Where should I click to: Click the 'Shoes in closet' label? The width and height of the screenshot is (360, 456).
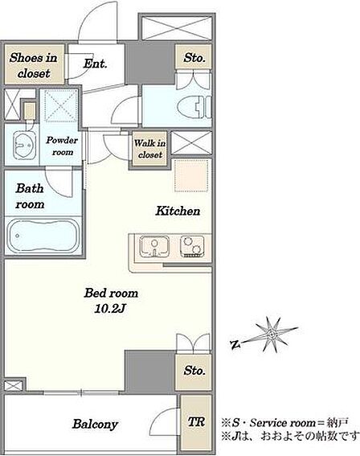tap(34, 65)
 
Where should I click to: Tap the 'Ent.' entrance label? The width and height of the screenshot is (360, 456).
tap(96, 64)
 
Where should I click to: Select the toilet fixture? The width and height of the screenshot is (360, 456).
tap(194, 107)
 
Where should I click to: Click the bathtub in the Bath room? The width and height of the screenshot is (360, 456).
tap(43, 236)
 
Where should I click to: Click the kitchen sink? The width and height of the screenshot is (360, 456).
tap(154, 247)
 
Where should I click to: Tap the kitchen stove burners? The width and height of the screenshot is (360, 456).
tap(192, 247)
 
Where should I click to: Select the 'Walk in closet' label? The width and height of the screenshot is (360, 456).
tap(150, 149)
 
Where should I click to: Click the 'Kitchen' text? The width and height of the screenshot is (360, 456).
tap(178, 211)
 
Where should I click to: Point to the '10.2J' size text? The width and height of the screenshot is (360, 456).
tap(110, 309)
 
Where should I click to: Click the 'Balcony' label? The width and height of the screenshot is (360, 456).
tap(95, 424)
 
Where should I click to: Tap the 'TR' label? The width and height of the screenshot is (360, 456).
tap(196, 422)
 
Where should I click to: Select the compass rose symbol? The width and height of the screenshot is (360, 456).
tap(272, 335)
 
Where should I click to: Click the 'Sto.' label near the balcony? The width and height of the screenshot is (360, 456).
tap(194, 371)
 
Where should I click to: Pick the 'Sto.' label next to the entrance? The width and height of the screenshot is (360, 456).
tap(194, 57)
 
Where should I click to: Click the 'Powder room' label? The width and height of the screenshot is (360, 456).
tap(62, 146)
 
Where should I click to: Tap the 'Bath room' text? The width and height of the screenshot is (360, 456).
tap(30, 196)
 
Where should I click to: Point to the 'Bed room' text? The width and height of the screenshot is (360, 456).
tap(111, 293)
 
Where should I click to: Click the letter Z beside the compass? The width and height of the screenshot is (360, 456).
tap(235, 345)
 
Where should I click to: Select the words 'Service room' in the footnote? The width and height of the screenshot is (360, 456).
tap(282, 422)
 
